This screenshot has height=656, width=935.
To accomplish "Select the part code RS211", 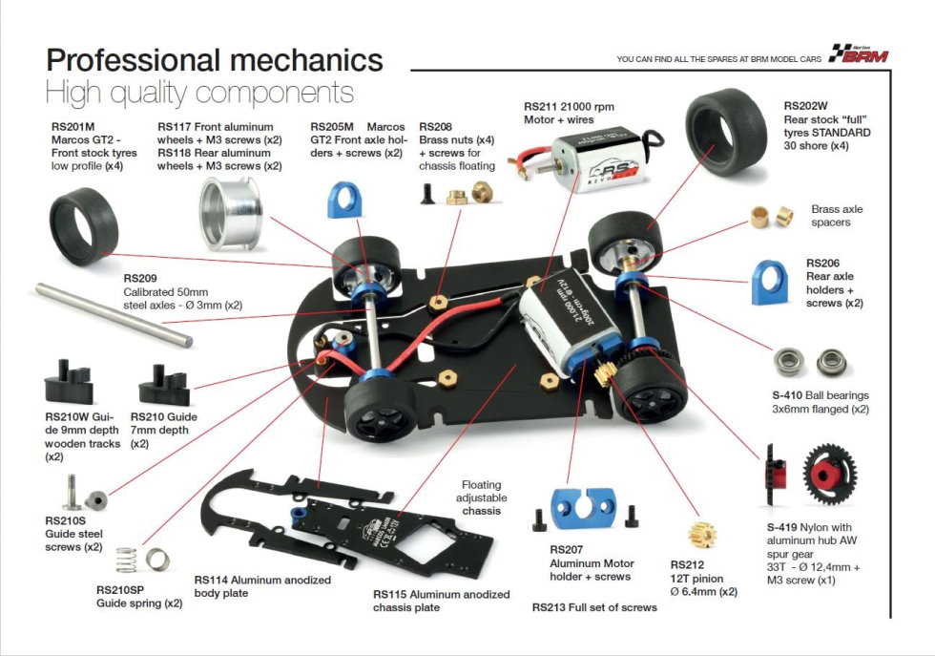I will coord(541,106).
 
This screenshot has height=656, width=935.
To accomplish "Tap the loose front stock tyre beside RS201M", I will coord(83,226).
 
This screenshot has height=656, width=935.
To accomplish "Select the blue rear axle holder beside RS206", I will coord(774,282).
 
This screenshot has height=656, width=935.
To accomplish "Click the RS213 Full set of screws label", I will coord(594,607).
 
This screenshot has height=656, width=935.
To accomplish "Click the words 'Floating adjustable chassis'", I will coord(481,497).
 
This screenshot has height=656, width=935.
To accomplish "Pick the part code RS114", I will coord(212,580).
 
